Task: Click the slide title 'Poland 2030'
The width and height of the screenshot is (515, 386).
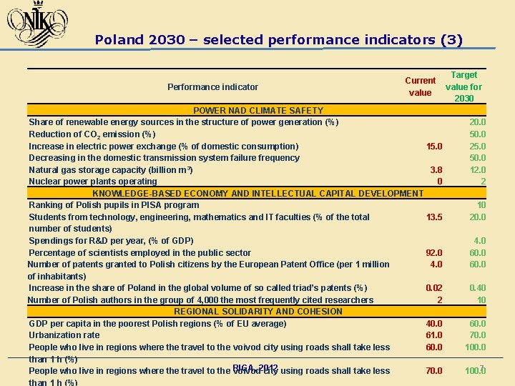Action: [x=278, y=40]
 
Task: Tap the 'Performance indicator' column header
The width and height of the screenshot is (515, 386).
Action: [x=212, y=87]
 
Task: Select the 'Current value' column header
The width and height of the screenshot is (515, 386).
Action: [x=420, y=86]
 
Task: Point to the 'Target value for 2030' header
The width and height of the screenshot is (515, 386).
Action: [x=463, y=86]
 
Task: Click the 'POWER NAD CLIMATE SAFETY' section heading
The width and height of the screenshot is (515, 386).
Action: [x=258, y=111]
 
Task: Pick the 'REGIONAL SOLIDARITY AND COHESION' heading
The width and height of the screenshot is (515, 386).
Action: [x=258, y=312]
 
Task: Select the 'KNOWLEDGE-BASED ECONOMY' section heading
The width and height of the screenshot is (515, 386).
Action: [x=258, y=194]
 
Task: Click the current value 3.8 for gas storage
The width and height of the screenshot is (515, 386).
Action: [x=436, y=170]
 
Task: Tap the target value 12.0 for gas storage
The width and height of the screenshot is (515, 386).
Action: [x=477, y=170]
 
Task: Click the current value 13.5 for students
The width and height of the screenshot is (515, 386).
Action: [x=433, y=217]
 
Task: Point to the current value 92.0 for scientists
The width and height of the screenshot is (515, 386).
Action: [x=433, y=253]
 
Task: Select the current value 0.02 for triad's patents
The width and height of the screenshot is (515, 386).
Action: [x=433, y=288]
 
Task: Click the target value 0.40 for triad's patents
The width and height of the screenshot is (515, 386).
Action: [x=477, y=288]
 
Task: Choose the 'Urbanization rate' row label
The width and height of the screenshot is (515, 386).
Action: [x=64, y=335]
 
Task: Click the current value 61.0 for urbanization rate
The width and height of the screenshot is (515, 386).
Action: [x=433, y=335]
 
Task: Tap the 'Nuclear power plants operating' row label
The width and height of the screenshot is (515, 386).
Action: [x=93, y=182]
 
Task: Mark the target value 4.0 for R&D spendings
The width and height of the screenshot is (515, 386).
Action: [x=479, y=241]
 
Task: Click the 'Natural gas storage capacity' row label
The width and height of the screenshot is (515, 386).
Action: [x=111, y=170]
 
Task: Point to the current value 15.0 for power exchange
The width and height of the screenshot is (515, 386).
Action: [x=433, y=147]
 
